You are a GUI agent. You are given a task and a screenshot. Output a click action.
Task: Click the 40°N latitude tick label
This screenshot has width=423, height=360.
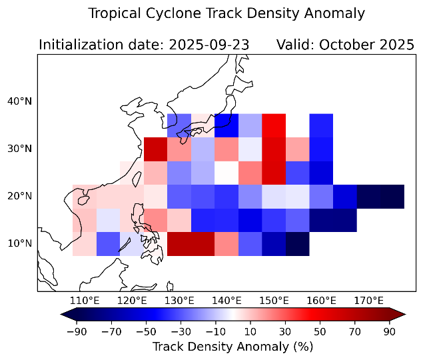19,101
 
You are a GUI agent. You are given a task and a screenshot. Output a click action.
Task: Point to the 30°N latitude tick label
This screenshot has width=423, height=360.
19,149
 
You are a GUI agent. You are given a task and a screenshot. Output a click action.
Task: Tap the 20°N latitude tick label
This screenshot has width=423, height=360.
19,196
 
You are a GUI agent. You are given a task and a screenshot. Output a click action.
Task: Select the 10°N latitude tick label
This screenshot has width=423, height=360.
19,243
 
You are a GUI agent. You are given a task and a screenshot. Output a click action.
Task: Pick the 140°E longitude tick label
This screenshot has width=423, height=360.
227,301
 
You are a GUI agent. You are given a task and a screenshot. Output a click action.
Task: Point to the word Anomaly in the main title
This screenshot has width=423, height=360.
338,13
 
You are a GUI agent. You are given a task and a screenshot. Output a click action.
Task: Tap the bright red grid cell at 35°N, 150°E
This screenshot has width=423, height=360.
274,125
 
